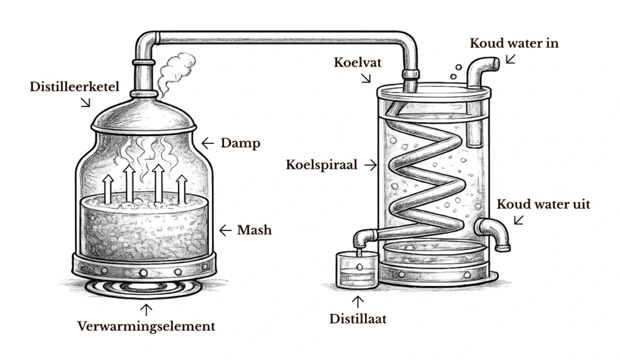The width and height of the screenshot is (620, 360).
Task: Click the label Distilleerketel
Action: coord(74,87)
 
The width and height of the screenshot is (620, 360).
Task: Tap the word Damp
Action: coord(240,143)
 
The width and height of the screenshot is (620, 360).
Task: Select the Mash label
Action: coord(254,230)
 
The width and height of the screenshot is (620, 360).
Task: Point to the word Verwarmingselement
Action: coord(146,326)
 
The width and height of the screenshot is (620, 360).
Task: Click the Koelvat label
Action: coord(358,62)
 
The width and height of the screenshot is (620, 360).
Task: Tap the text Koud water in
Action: coord(514,44)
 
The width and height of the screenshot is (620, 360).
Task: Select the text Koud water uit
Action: coord(543,204)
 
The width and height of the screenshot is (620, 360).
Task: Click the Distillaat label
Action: coord(358,318)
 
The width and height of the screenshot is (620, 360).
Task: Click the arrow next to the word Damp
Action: coord(208,143)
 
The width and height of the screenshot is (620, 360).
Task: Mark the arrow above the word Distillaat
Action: coord(358,300)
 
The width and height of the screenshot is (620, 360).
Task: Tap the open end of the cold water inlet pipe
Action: coord(495,63)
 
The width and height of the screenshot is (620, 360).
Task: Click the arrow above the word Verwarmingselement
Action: coord(146,309)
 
